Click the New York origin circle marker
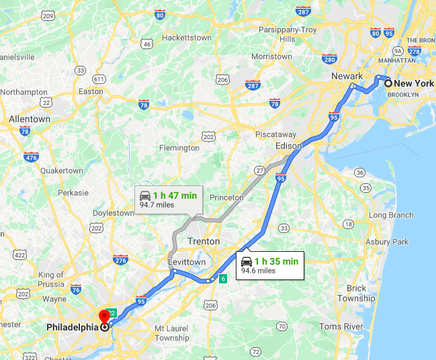point(388,83)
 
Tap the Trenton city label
point(204,241)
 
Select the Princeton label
point(226,197)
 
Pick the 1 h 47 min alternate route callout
point(168,198)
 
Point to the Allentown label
point(30,119)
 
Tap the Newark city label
point(347,77)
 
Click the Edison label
point(288,146)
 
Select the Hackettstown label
point(187,38)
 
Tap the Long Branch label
point(391,215)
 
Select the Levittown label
point(187,261)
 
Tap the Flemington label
point(179,148)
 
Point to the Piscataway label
point(275,134)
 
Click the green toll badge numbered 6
point(223,278)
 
